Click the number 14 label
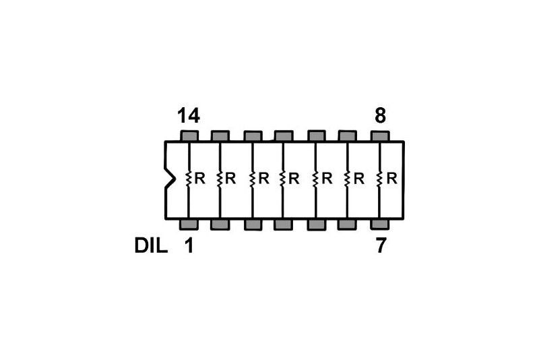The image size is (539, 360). tap(189, 116)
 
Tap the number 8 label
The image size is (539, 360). tap(381, 116)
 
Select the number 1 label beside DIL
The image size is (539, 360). tap(189, 246)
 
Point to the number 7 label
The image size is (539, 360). tap(381, 246)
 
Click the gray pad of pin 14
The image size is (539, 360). tap(189, 136)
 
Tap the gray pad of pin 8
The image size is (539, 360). tap(381, 136)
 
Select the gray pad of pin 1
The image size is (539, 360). tap(189, 224)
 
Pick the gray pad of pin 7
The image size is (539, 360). tap(381, 224)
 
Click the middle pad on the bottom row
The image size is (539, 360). tap(284, 224)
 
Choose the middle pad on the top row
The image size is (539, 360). tap(284, 136)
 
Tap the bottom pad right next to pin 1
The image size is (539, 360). tap(220, 224)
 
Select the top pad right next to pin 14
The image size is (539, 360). tap(220, 136)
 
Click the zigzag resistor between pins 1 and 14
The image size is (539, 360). tap(189, 179)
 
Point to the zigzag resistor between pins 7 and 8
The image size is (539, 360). tap(380, 179)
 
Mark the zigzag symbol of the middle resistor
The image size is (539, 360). tap(284, 179)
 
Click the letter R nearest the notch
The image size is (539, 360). tap(199, 179)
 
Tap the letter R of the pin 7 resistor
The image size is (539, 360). tap(391, 179)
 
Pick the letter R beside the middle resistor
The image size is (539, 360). tap(294, 179)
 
